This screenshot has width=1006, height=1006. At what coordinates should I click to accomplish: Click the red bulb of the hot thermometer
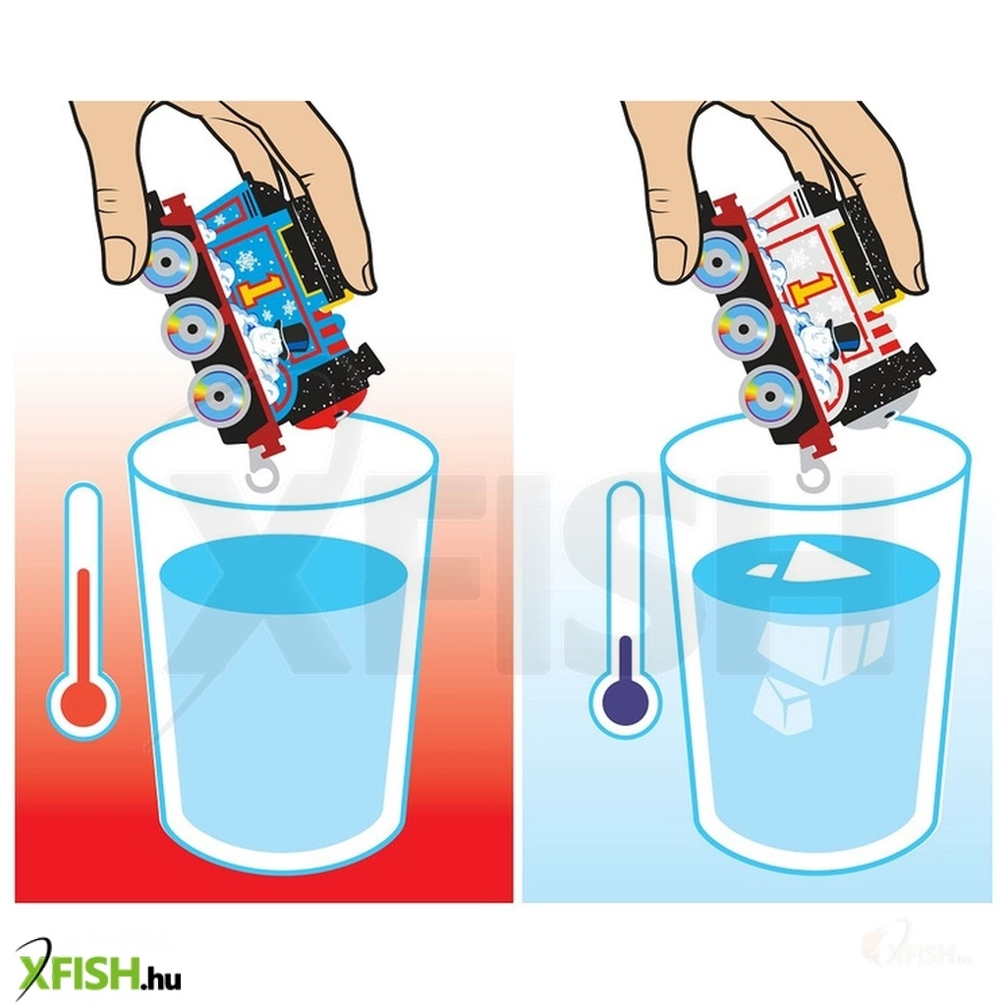[x=84, y=703]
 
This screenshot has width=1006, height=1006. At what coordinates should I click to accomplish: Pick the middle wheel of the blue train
[x=192, y=327]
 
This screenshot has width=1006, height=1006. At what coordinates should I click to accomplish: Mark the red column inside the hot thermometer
[x=84, y=626]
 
